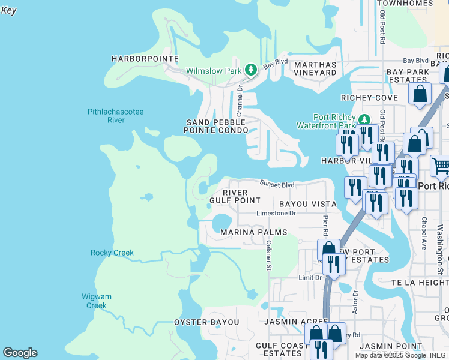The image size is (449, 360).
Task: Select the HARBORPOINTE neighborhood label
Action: coord(145,59)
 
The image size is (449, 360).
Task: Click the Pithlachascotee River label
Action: coord(115,116)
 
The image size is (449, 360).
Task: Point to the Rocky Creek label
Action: coord(112,253)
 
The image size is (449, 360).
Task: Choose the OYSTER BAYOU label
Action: coord(206,322)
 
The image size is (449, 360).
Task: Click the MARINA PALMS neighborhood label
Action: coord(253,232)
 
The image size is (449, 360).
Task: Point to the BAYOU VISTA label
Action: coord(306,204)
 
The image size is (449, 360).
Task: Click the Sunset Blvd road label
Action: coord(277,185)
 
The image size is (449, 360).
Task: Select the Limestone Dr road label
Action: coord(276,213)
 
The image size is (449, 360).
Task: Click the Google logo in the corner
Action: coord(20,353)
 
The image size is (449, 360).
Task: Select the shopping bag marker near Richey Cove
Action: coord(420,94)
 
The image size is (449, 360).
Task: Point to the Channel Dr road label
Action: coord(239,100)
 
